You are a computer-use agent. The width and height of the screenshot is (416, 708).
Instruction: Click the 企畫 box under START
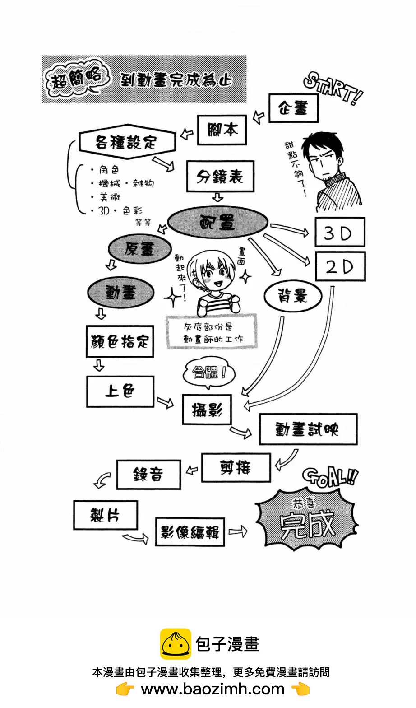[293, 108]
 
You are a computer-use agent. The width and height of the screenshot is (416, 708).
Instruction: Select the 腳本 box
[222, 130]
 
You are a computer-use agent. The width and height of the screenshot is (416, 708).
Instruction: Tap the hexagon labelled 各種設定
[127, 142]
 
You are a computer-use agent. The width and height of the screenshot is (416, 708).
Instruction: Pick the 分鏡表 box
[220, 177]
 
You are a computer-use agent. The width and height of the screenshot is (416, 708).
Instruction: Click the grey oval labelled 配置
[218, 223]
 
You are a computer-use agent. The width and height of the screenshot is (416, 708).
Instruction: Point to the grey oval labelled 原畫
[140, 249]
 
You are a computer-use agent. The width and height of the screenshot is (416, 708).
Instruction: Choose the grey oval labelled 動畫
[120, 293]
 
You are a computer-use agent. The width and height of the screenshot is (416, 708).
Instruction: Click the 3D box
[339, 233]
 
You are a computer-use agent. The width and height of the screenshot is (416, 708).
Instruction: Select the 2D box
[340, 267]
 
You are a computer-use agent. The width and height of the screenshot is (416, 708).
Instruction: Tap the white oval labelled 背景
[292, 296]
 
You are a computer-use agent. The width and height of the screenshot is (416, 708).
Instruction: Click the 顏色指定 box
[120, 342]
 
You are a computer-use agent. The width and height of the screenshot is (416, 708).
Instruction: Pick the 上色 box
[120, 391]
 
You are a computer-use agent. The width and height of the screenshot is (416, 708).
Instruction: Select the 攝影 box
[207, 410]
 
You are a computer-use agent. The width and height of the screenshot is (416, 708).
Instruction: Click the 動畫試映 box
[308, 429]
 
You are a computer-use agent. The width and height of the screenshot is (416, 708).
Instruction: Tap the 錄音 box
[148, 475]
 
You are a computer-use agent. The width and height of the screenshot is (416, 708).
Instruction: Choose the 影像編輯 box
[190, 532]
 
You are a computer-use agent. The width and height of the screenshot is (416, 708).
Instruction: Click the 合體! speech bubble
[209, 373]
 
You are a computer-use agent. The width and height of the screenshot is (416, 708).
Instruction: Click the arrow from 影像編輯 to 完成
[238, 531]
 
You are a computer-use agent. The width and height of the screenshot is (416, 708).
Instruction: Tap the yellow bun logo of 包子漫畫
[176, 644]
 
